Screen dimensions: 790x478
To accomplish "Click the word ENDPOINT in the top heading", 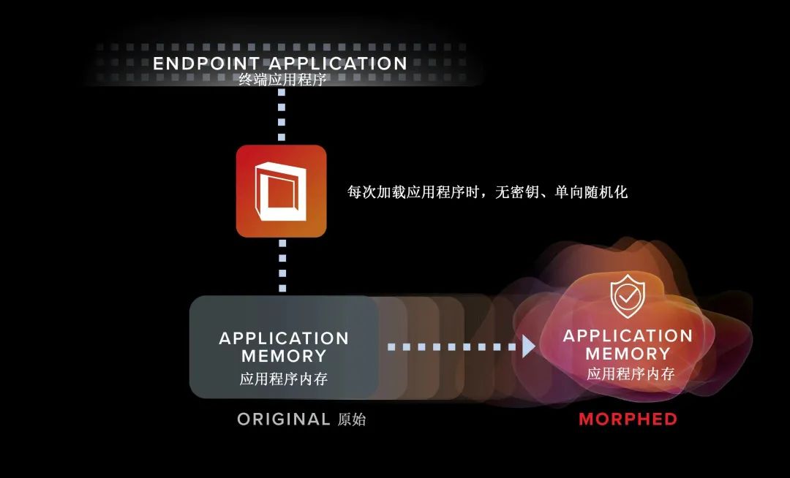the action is [x=206, y=64].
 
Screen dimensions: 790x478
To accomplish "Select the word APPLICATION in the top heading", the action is [x=337, y=64].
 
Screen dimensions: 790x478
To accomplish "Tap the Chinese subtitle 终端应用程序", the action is [x=282, y=80].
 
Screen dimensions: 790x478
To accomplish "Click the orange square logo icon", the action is [x=281, y=191].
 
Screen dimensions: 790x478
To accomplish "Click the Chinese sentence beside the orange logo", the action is [x=487, y=191].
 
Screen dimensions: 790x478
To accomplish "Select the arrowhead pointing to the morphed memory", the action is [x=529, y=346].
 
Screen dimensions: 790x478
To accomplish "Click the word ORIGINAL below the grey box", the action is [x=284, y=419].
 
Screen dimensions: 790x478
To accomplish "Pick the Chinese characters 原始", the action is [x=352, y=419].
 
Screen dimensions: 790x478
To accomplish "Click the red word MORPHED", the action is [x=628, y=419].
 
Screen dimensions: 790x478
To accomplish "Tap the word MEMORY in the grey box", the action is [x=284, y=356].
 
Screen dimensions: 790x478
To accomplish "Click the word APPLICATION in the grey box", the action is [x=284, y=338].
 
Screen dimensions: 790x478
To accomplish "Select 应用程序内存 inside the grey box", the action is [x=284, y=379].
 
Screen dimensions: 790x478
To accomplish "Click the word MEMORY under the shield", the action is [x=628, y=353].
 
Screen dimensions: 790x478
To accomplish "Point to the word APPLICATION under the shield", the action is [x=628, y=335].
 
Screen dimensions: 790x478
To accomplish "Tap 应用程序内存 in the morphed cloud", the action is [x=631, y=373].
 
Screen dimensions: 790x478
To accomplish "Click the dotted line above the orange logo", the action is [x=282, y=115].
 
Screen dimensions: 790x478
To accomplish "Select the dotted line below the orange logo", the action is [x=282, y=265].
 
